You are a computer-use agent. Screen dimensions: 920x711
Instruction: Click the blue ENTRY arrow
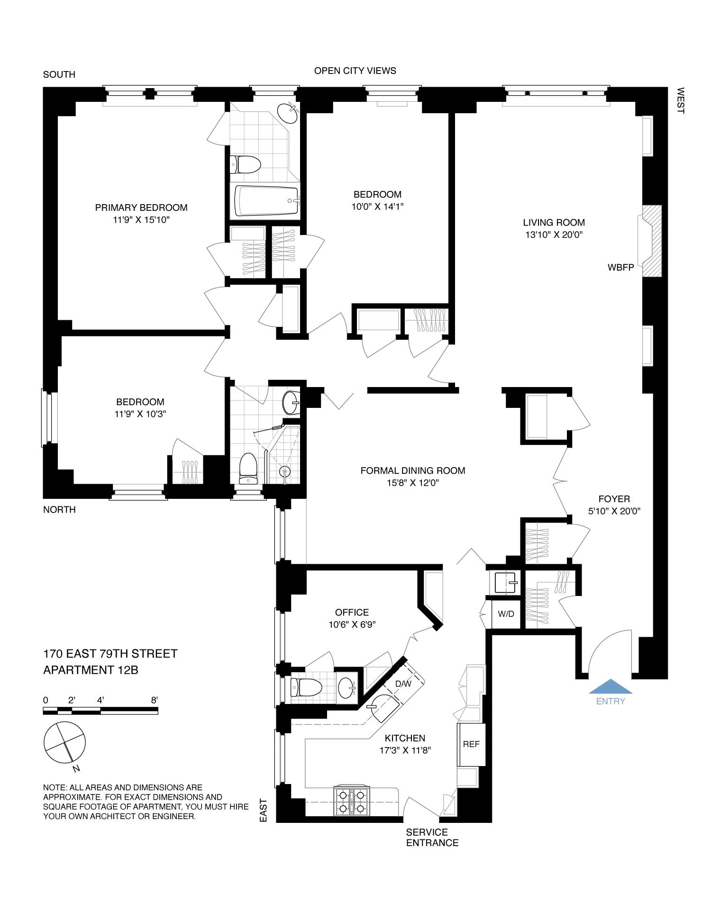pyautogui.click(x=611, y=687)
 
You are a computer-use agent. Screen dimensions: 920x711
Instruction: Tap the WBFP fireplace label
pyautogui.click(x=620, y=268)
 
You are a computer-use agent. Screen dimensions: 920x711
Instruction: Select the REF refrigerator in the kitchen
pyautogui.click(x=471, y=744)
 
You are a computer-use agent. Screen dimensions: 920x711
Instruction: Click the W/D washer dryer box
pyautogui.click(x=506, y=614)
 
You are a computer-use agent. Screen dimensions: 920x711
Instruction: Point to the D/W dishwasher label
pyautogui.click(x=403, y=684)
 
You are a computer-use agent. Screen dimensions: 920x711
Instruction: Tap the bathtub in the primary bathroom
pyautogui.click(x=265, y=201)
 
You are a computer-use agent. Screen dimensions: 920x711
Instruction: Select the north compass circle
pyautogui.click(x=64, y=743)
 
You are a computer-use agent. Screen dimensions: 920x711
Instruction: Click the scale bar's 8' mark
pyautogui.click(x=155, y=700)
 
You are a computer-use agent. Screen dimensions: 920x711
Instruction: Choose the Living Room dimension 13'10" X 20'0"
pyautogui.click(x=554, y=235)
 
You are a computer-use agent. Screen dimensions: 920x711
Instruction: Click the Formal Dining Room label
pyautogui.click(x=413, y=470)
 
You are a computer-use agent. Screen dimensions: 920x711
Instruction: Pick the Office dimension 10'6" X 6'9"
pyautogui.click(x=352, y=625)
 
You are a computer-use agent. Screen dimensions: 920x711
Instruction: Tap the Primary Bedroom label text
pyautogui.click(x=141, y=207)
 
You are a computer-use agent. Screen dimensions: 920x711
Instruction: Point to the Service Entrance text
pyautogui.click(x=432, y=838)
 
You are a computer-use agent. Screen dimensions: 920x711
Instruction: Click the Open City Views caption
pyautogui.click(x=355, y=71)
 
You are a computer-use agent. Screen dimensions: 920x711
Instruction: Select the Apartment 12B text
pyautogui.click(x=91, y=670)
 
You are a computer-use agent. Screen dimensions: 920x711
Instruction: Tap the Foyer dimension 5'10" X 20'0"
pyautogui.click(x=614, y=511)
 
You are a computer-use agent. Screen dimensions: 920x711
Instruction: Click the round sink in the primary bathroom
pyautogui.click(x=288, y=113)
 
